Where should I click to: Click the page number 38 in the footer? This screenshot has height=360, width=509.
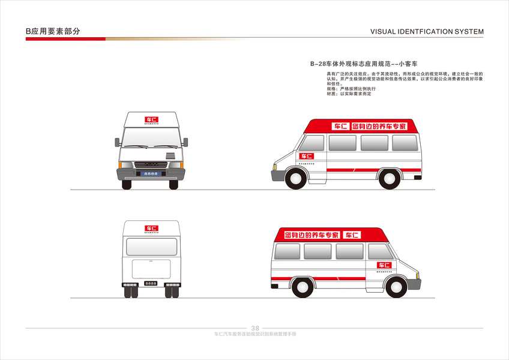pyautogui.click(x=255, y=328)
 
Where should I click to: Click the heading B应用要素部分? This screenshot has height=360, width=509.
pyautogui.click(x=53, y=31)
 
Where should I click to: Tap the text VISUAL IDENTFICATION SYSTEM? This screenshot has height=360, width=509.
pyautogui.click(x=427, y=32)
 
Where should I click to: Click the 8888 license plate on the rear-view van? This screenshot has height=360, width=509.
pyautogui.click(x=151, y=283)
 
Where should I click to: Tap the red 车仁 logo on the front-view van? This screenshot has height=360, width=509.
pyautogui.click(x=151, y=119)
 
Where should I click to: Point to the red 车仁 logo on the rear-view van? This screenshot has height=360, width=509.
pyautogui.click(x=151, y=229)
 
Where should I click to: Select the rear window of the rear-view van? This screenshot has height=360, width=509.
pyautogui.click(x=151, y=247)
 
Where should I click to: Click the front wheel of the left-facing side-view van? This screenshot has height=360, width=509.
pyautogui.click(x=296, y=178)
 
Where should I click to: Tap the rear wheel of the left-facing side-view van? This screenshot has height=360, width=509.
pyautogui.click(x=389, y=178)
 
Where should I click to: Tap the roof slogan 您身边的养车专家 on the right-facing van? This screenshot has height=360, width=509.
pyautogui.click(x=312, y=235)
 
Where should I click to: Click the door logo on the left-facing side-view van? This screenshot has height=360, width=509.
pyautogui.click(x=307, y=156)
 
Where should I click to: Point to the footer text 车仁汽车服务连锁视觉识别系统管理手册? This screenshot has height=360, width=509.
pyautogui.click(x=254, y=334)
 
